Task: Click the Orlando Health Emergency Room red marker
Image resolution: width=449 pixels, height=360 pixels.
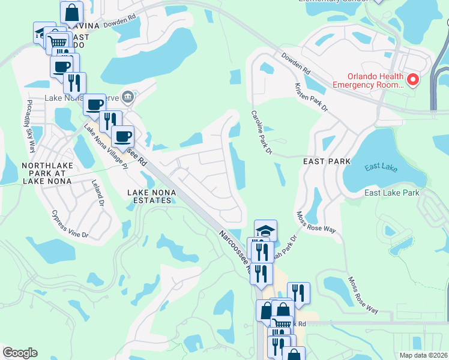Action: point(412,80)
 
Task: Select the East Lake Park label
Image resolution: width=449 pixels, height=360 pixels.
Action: point(392,193)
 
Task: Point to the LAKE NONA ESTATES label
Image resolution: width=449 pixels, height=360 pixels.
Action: point(149,196)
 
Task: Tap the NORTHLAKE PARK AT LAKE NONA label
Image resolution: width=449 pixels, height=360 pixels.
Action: point(47,172)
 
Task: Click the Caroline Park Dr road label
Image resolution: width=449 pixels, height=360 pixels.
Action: point(262,133)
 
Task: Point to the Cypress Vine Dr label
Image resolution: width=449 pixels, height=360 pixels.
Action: point(71,223)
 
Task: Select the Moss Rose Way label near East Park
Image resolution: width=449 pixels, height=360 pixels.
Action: point(317,222)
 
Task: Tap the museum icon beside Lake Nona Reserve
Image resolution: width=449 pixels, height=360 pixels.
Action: point(127,97)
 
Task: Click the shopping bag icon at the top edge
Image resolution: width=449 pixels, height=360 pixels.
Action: point(72,12)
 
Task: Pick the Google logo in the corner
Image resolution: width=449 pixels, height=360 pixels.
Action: point(20,353)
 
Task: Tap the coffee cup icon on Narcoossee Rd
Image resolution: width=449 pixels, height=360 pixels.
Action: point(122,136)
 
